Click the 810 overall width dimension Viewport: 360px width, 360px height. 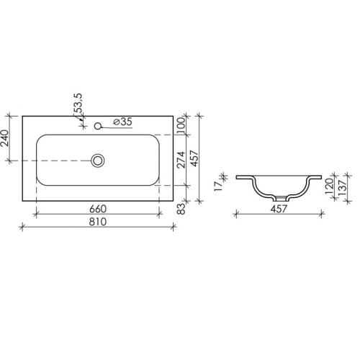coord(98,222)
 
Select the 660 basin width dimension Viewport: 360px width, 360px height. coord(98,209)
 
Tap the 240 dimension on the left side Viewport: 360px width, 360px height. coord(5,138)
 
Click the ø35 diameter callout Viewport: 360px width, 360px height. coord(122,122)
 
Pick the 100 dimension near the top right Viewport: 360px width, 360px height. coord(181,125)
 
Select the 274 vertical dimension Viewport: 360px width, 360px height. coord(181,160)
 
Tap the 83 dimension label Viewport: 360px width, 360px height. coord(181,209)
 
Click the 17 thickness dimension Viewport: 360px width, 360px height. coord(219,186)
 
